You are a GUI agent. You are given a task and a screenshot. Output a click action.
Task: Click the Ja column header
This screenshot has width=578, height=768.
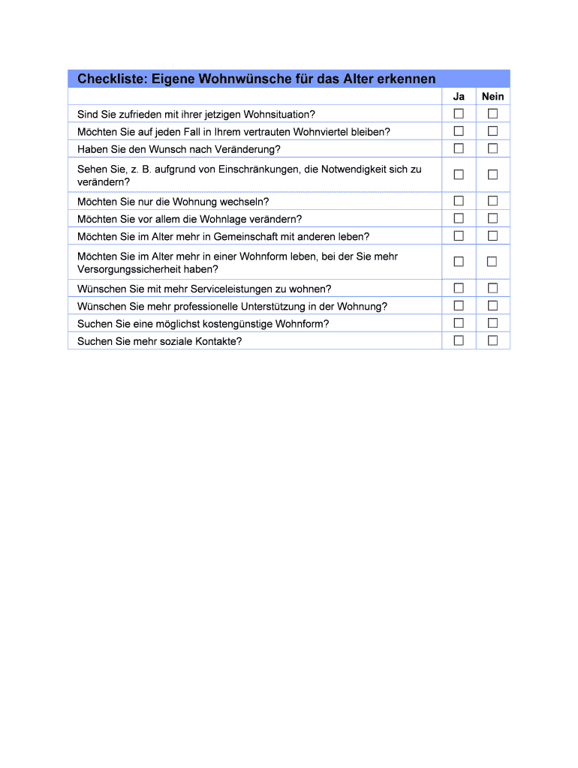(x=459, y=97)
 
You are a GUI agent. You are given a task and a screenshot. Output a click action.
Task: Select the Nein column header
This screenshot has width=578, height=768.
(x=492, y=97)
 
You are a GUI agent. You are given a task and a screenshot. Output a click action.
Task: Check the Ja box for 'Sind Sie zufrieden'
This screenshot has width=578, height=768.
(x=459, y=114)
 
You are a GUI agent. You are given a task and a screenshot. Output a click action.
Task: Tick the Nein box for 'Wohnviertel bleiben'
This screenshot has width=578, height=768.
(x=492, y=131)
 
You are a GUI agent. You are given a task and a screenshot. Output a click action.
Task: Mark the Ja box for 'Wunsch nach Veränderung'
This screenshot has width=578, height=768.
(x=459, y=148)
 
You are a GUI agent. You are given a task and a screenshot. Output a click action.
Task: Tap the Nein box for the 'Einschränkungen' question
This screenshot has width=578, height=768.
(x=492, y=175)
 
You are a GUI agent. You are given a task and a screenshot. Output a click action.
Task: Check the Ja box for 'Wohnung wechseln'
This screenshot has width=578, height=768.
(x=459, y=201)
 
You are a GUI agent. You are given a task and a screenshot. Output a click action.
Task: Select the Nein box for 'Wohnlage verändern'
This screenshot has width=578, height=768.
(x=492, y=218)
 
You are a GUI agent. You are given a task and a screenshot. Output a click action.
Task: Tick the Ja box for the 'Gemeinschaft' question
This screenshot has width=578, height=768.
(x=459, y=236)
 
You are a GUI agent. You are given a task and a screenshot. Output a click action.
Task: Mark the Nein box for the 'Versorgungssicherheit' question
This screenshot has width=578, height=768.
(x=492, y=262)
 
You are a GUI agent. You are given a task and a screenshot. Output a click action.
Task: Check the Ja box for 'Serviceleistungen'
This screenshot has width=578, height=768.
(x=459, y=288)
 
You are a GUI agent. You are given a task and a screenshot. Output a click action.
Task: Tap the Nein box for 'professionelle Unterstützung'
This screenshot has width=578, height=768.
(x=492, y=306)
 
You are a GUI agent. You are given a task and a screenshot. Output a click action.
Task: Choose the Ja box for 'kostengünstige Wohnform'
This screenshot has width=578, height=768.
(x=459, y=323)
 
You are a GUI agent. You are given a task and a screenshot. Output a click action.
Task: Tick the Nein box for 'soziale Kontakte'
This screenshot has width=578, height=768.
(x=492, y=340)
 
